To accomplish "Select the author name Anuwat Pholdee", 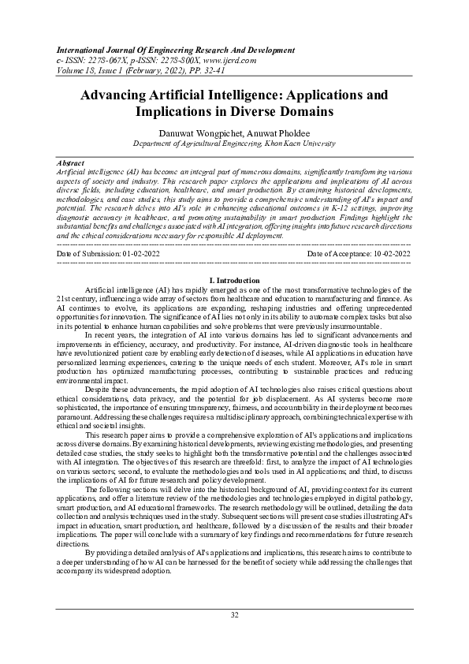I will tap(281, 132).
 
